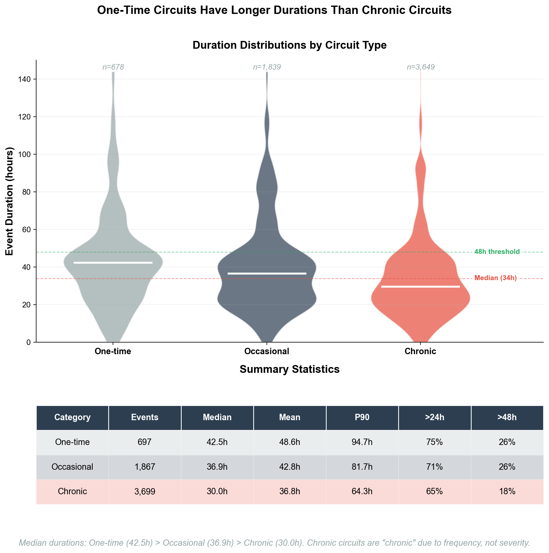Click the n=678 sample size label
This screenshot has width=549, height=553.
click(113, 67)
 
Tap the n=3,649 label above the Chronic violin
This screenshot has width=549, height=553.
click(420, 67)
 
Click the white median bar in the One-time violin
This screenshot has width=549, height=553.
click(113, 263)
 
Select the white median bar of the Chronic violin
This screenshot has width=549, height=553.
click(420, 287)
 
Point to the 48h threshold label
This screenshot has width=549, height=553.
click(497, 252)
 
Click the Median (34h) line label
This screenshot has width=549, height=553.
click(496, 278)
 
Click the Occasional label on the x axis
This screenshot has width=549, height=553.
click(267, 351)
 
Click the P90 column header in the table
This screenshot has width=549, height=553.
click(362, 417)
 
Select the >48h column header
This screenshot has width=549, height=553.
click(507, 417)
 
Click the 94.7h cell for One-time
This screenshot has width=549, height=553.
click(362, 442)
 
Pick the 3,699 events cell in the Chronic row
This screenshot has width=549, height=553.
click(145, 492)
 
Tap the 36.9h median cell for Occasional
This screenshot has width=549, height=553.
click(217, 467)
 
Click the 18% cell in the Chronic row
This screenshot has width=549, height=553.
click(507, 492)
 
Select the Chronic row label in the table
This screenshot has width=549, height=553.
click(72, 492)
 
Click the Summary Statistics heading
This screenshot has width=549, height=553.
click(289, 370)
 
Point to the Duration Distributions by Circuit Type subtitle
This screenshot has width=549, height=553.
click(289, 45)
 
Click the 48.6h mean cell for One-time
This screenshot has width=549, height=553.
click(289, 442)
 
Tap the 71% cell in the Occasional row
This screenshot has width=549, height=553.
click(435, 467)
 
